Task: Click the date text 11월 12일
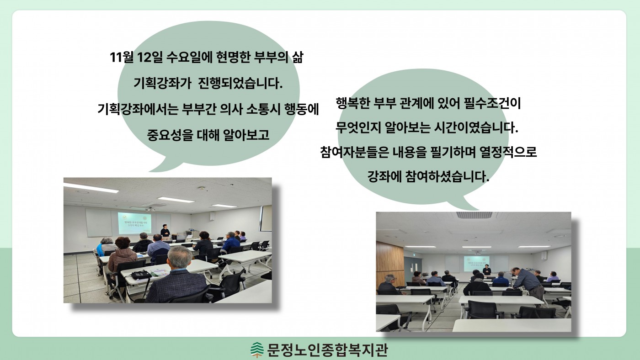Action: tap(136, 58)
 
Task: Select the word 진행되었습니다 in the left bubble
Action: tap(240, 83)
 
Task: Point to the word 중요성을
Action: tap(170, 135)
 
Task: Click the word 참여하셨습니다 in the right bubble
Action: tap(448, 177)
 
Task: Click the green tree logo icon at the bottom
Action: tap(257, 350)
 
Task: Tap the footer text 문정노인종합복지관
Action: tap(327, 350)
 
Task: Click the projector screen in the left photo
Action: tap(134, 223)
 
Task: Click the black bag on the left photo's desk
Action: tap(141, 275)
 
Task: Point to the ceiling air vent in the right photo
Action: tap(474, 215)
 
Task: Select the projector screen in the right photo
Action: tap(476, 264)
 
